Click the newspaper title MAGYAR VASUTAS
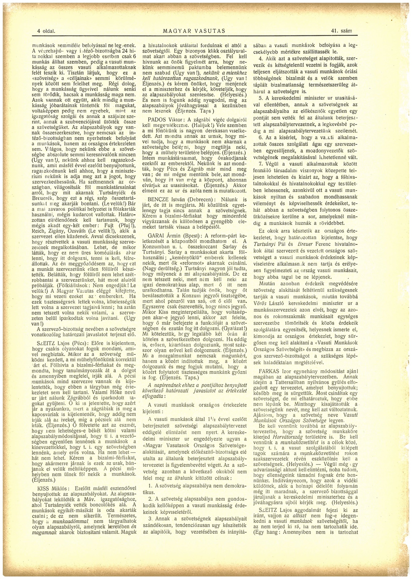pyautogui.click(x=194, y=31)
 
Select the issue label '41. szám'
pyautogui.click(x=342, y=31)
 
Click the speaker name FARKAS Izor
pyautogui.click(x=270, y=370)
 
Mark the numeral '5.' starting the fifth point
pyautogui.click(x=261, y=98)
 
